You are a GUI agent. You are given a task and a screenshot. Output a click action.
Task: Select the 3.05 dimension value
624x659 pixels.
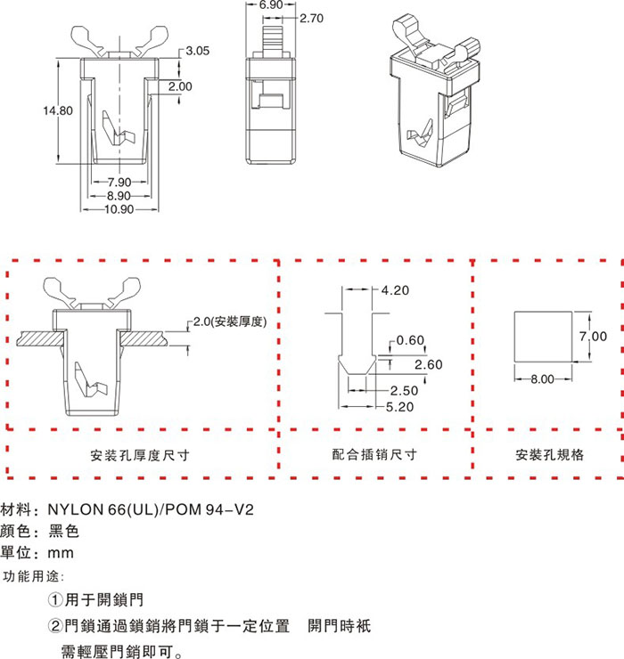pos(197,52)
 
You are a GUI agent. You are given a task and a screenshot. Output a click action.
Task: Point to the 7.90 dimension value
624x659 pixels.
pos(119,183)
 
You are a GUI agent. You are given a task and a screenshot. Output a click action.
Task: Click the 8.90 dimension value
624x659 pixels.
pos(119,196)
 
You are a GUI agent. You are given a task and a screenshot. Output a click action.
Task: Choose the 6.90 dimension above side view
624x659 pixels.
pos(271,5)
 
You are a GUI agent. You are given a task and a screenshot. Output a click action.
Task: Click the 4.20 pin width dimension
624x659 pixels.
pos(395,290)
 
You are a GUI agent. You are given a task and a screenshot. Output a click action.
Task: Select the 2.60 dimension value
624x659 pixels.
pos(429,364)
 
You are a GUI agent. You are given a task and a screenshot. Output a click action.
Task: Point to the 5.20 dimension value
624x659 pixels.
pos(401,406)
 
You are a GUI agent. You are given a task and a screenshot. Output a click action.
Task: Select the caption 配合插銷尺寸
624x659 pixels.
pos(374,454)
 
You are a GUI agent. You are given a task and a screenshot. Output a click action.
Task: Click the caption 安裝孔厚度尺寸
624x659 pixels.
pos(140,454)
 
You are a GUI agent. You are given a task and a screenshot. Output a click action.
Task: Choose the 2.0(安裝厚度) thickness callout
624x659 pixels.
pos(231,322)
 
